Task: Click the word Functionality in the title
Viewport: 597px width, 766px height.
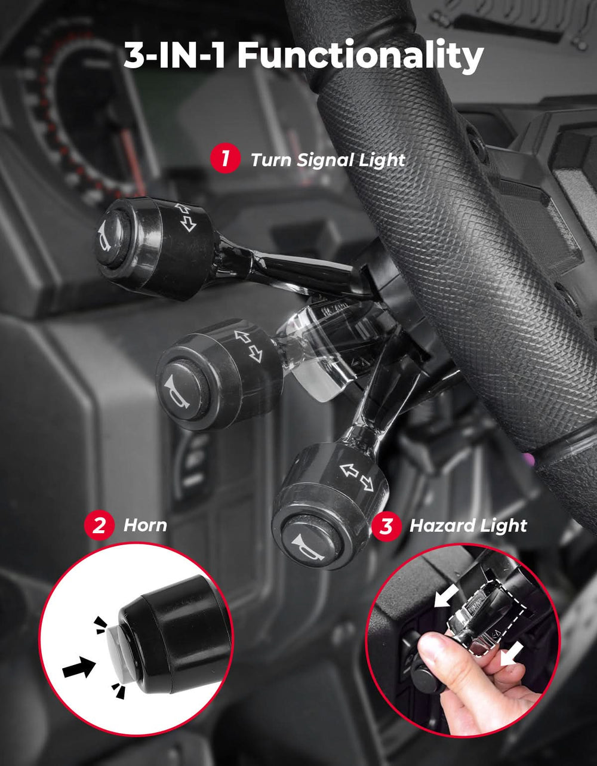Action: (x=360, y=56)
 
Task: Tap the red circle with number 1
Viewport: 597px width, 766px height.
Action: (x=225, y=159)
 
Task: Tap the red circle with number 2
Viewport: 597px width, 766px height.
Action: (x=99, y=525)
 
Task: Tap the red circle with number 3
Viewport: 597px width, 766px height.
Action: (x=386, y=526)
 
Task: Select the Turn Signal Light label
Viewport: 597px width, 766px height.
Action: (x=328, y=160)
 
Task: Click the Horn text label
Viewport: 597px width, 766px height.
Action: (x=145, y=525)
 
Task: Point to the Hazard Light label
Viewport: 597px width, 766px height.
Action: (x=468, y=526)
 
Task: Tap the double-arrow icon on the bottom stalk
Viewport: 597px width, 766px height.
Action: (x=357, y=476)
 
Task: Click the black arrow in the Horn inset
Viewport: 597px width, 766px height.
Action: (x=79, y=667)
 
